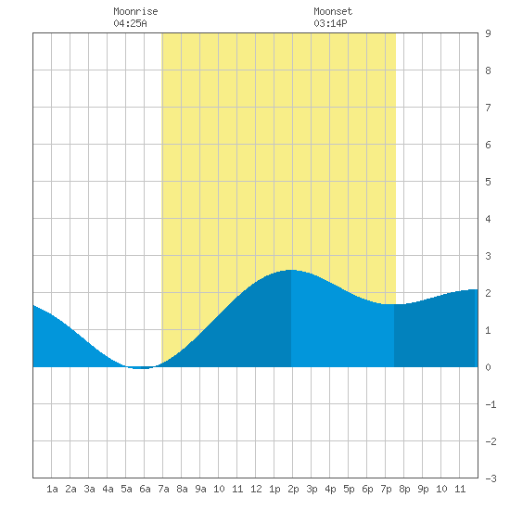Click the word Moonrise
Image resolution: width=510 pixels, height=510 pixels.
(x=135, y=11)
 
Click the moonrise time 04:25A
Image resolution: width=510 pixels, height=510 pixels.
(x=130, y=23)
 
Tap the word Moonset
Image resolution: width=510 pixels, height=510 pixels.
(x=333, y=11)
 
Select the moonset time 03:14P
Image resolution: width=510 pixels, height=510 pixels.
(x=330, y=23)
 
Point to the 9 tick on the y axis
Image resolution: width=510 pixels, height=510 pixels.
(x=488, y=33)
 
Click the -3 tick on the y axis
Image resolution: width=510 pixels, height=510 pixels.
(x=491, y=478)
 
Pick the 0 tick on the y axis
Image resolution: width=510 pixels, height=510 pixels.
(x=488, y=367)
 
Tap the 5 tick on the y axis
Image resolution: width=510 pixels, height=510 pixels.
(x=488, y=182)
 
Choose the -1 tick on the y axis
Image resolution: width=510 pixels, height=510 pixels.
(x=491, y=404)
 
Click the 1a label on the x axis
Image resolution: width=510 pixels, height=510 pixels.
(x=52, y=489)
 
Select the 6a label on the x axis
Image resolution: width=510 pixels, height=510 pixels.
(x=145, y=489)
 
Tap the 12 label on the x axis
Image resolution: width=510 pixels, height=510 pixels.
(x=256, y=489)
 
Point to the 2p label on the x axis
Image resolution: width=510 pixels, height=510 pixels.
(x=293, y=489)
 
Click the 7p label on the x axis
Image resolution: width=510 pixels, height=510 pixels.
(x=386, y=489)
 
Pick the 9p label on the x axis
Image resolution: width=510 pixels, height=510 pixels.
(x=423, y=489)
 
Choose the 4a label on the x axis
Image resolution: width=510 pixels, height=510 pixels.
(x=108, y=489)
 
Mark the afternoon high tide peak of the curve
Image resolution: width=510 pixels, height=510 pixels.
(x=291, y=270)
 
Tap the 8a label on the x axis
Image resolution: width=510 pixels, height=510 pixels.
(x=182, y=489)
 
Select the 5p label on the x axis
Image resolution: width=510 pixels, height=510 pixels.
(x=349, y=489)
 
